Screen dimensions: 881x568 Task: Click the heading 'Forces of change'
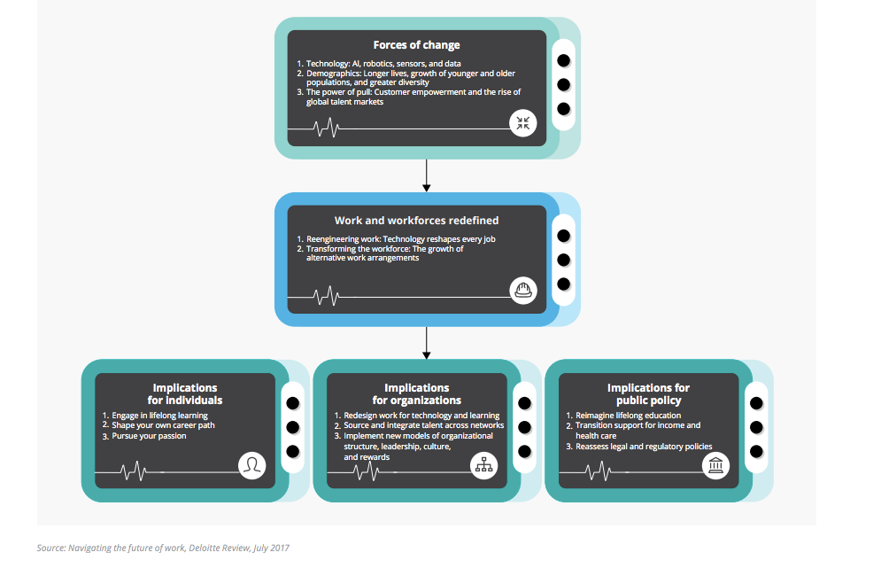[416, 45]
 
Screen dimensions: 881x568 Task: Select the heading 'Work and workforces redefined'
[416, 221]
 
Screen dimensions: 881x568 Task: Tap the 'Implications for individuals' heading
[185, 393]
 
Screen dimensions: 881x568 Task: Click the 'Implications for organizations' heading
[416, 393]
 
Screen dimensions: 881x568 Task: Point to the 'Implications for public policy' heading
[648, 393]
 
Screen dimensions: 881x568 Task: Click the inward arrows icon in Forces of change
[523, 123]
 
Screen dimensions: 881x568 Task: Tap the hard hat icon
[523, 291]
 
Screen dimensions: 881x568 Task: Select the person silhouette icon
[251, 465]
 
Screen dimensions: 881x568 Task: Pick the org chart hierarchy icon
[483, 465]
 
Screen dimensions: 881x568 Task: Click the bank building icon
[715, 465]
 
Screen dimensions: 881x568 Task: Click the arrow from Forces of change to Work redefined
[427, 175]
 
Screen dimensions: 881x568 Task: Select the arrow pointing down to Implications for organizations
[427, 343]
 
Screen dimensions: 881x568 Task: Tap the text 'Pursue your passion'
[149, 436]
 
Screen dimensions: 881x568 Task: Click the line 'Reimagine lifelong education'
[628, 416]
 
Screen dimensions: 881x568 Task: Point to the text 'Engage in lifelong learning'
[159, 416]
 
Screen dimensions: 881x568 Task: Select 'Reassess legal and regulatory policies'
[644, 447]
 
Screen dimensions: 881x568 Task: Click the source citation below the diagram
[163, 548]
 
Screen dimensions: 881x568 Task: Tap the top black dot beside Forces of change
[563, 61]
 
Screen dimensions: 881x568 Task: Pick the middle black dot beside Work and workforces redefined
[563, 260]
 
